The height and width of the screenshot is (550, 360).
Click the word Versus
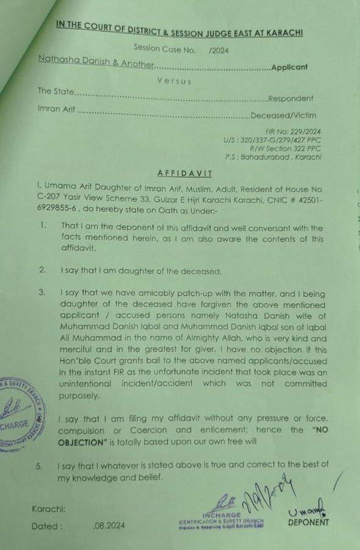174,81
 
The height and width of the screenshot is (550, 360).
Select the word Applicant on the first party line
289,67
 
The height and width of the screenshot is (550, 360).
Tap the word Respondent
290,98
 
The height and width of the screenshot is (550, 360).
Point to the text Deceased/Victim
292,115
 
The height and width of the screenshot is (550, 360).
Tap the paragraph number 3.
41,292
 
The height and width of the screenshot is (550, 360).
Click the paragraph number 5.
39,466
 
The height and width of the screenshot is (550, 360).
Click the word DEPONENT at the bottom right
309,522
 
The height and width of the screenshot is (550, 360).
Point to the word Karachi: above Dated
48,508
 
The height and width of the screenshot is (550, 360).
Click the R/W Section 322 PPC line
286,148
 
